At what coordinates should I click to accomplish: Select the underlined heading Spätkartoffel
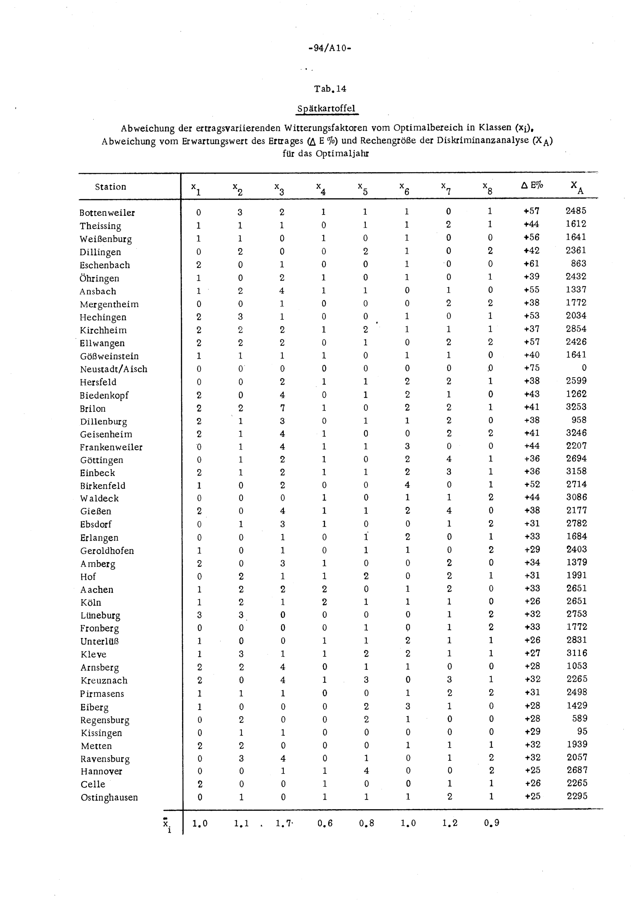pos(327,108)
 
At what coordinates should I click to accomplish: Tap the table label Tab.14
pos(330,89)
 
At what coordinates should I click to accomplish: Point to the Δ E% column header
pos(532,185)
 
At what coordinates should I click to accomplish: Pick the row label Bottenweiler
pos(107,213)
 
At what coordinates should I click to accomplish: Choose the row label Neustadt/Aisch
pos(113,369)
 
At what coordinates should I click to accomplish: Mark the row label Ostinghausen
pos(109,797)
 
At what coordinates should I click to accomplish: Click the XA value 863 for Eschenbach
pos(579,264)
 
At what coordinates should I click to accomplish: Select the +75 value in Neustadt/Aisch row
pos(532,368)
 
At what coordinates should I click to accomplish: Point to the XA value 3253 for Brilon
pos(576,407)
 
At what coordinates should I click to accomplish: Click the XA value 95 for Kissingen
pos(582,731)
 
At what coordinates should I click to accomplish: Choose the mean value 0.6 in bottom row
pos(325,823)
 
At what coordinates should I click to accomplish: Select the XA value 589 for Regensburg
pos(579,718)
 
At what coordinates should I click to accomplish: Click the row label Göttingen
pos(101,460)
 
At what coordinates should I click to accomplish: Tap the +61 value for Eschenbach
pos(532,264)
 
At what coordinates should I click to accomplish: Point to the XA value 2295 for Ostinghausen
pos(577,796)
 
